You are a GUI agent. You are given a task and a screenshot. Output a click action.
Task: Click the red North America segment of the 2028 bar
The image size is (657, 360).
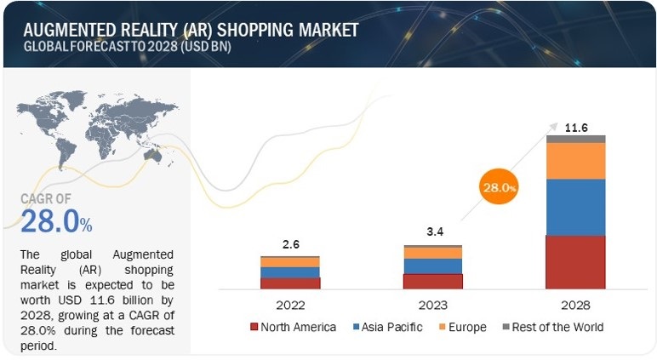(x=576, y=262)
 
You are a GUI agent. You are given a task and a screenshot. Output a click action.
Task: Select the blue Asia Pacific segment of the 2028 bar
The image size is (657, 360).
(x=576, y=207)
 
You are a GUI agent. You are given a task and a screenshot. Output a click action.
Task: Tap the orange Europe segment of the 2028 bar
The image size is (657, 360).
(x=576, y=161)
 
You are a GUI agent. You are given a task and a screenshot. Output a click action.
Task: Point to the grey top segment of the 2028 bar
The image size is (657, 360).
(x=576, y=139)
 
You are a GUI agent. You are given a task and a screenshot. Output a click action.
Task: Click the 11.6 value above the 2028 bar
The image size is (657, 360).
(x=576, y=128)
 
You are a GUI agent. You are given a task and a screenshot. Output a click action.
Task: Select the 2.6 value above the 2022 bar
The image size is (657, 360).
(x=290, y=244)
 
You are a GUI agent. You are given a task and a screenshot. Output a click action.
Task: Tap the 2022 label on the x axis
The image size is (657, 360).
(x=290, y=304)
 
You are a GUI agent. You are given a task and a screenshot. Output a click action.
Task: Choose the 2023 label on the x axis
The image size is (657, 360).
(x=432, y=304)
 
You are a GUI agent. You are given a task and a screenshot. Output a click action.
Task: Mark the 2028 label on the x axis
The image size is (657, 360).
(x=576, y=304)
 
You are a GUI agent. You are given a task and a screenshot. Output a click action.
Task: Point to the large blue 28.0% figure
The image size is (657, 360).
(x=56, y=224)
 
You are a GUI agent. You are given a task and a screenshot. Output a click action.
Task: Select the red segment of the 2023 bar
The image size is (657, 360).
(x=432, y=281)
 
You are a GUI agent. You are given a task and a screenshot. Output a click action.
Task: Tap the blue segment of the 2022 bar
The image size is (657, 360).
(x=290, y=272)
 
